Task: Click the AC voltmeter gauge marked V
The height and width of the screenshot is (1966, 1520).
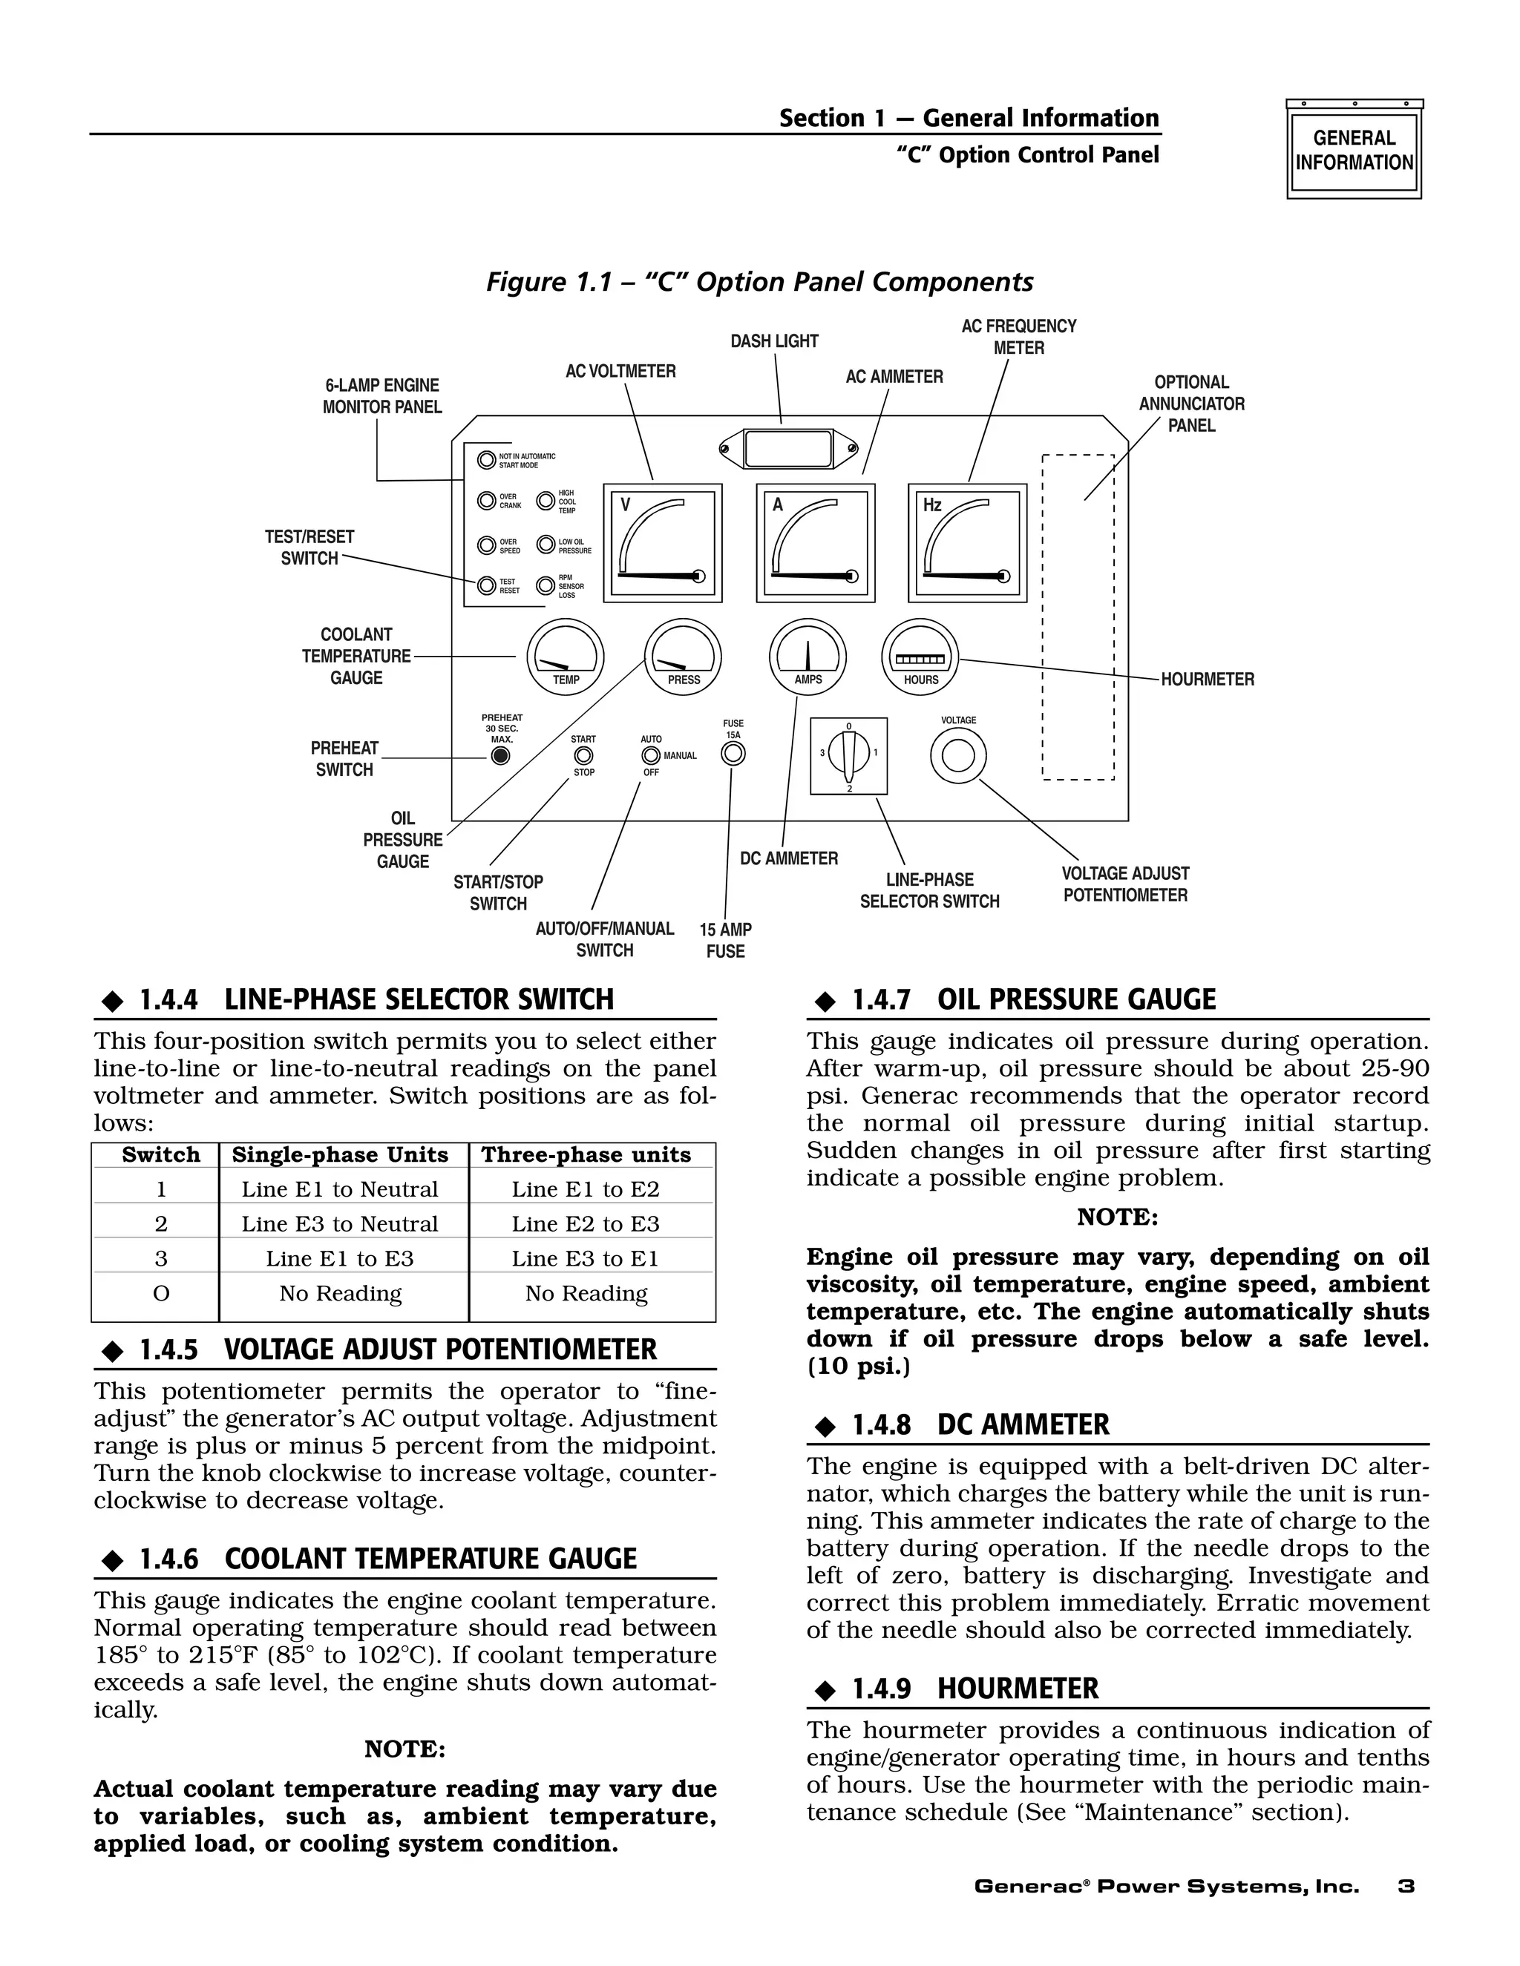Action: (663, 544)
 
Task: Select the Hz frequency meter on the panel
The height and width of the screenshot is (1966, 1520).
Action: (967, 544)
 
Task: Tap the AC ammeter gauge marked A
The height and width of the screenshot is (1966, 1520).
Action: (815, 544)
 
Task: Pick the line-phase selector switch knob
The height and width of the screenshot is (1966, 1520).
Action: (848, 754)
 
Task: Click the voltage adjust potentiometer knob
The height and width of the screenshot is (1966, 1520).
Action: (958, 755)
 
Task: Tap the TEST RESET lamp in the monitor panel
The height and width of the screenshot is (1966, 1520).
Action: (486, 585)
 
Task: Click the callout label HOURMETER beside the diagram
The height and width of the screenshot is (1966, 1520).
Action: (1207, 680)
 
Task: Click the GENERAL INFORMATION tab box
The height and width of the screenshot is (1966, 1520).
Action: (1354, 151)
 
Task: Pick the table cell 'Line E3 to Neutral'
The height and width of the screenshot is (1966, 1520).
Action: (339, 1223)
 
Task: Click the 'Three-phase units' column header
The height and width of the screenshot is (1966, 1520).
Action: (586, 1155)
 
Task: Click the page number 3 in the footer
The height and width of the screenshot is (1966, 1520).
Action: (1406, 1886)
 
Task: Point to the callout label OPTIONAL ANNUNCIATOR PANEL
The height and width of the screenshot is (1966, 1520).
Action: (1191, 404)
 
